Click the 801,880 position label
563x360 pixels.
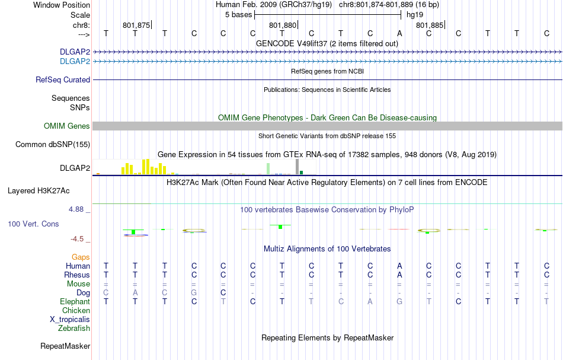282,26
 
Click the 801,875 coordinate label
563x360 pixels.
136,26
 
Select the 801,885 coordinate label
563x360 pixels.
429,26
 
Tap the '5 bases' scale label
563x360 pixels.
239,15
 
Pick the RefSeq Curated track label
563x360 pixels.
63,79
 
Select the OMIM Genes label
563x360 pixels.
67,126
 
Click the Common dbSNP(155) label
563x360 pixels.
53,144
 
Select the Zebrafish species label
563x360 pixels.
74,328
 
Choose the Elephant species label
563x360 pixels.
75,302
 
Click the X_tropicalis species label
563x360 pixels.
70,319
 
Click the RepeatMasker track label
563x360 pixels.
65,346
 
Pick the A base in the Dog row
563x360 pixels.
135,293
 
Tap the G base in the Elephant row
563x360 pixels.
399,302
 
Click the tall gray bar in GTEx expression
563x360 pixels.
298,167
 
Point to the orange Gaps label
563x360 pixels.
81,257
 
